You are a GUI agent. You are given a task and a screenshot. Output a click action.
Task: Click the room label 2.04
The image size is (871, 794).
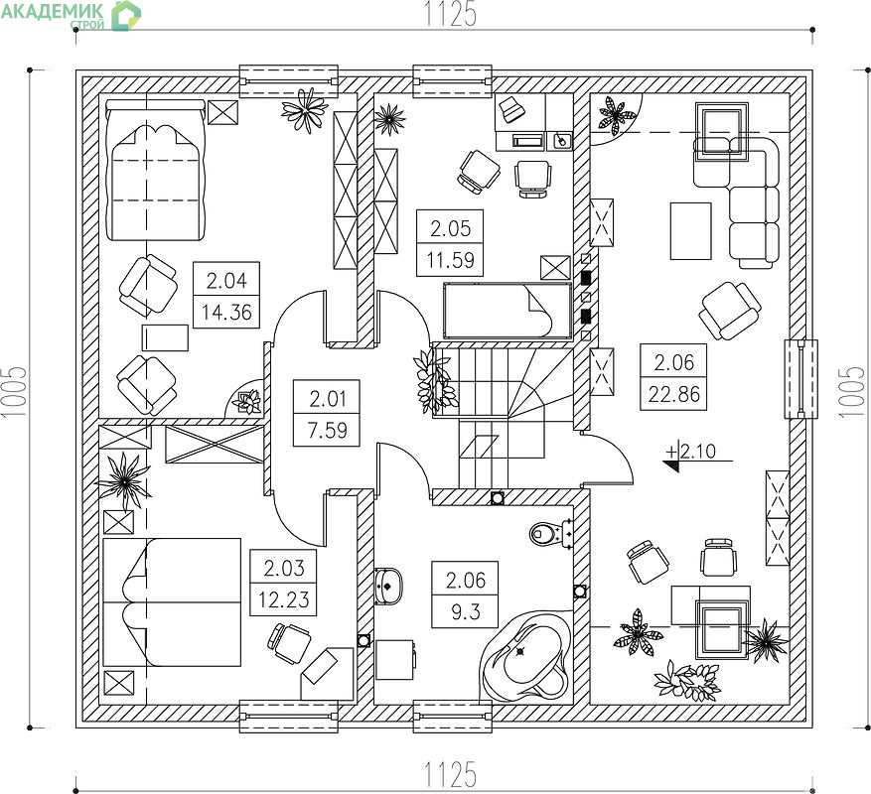[x=226, y=281]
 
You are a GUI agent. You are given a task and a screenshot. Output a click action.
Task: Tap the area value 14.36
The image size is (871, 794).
[x=226, y=312]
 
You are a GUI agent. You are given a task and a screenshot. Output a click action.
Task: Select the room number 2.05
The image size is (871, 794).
[x=450, y=228]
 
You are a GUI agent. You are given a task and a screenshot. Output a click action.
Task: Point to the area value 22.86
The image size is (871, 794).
[x=673, y=394]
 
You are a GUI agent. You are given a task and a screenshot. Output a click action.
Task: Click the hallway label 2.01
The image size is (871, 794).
[x=327, y=399]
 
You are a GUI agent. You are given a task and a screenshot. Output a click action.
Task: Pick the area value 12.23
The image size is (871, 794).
[x=283, y=599]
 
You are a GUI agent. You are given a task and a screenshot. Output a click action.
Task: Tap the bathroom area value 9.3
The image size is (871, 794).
[x=466, y=612]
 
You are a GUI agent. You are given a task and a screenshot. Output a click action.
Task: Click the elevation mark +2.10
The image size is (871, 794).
[x=692, y=451]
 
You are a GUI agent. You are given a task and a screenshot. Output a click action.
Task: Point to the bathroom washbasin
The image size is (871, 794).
[x=387, y=586]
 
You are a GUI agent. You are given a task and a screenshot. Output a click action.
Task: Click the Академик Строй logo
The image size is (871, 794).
[x=72, y=15]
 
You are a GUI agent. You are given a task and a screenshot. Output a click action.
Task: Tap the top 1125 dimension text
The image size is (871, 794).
[x=451, y=14]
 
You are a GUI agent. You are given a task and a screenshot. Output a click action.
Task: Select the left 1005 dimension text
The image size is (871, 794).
[x=15, y=391]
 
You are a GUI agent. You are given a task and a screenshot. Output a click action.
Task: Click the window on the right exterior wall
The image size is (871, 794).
[x=800, y=379]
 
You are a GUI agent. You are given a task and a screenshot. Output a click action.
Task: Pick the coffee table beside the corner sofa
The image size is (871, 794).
[x=690, y=231]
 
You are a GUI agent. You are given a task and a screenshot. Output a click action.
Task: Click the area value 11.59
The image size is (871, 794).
[x=450, y=260]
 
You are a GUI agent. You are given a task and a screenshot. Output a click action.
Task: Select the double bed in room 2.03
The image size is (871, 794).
[x=172, y=601]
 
